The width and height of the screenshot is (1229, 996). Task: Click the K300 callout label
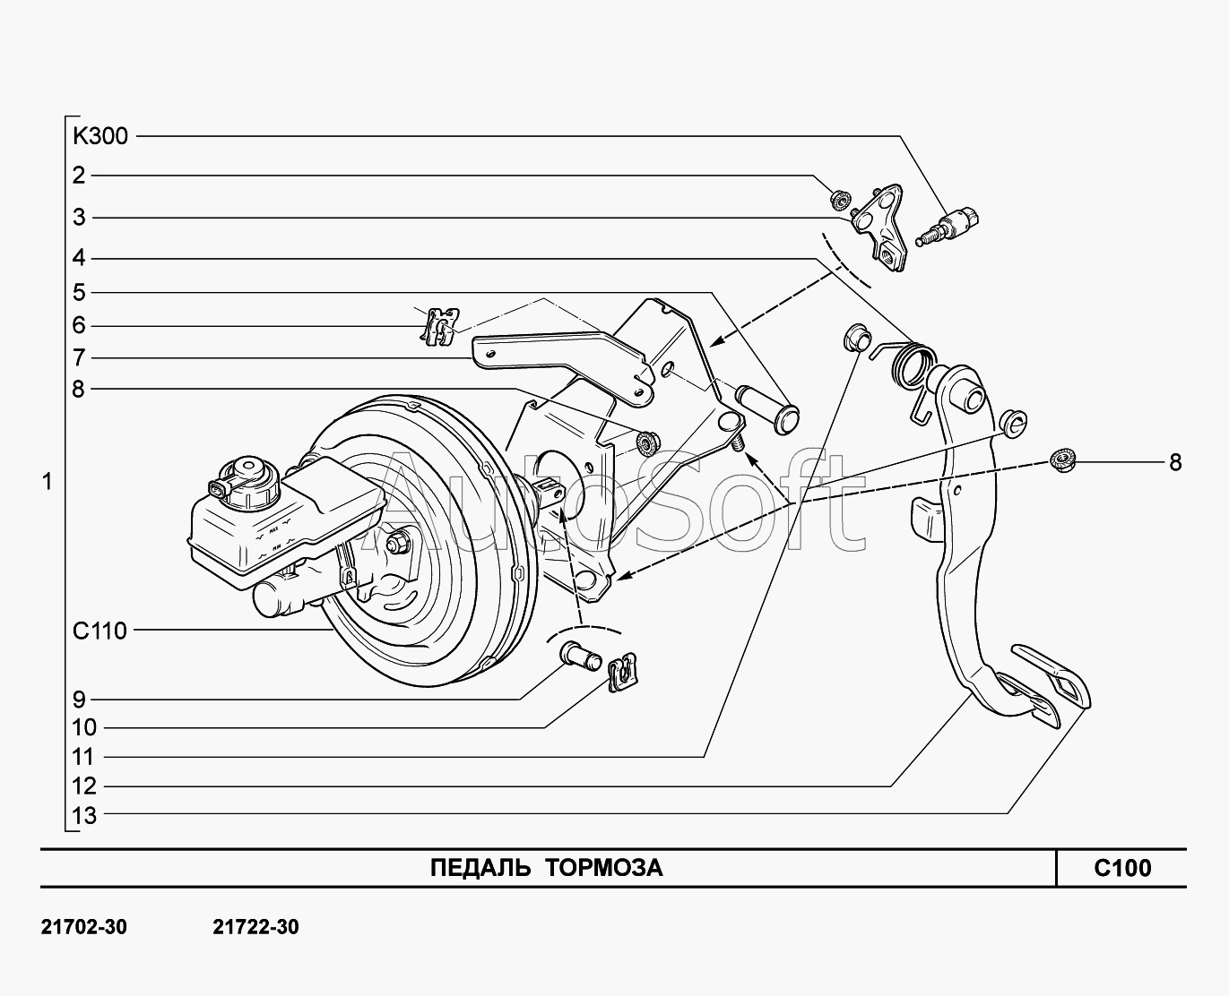point(100,136)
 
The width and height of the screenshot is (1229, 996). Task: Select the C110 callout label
point(100,631)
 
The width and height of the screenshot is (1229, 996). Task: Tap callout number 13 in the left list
point(84,815)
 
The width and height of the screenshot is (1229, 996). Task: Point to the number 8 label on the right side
point(1174,462)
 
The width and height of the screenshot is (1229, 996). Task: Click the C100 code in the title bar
point(1121,868)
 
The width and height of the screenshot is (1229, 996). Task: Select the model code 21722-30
point(255,927)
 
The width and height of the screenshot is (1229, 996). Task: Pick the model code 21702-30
point(84,927)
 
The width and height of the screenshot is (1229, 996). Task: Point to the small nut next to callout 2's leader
point(840,199)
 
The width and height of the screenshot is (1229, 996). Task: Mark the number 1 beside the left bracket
point(47,482)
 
